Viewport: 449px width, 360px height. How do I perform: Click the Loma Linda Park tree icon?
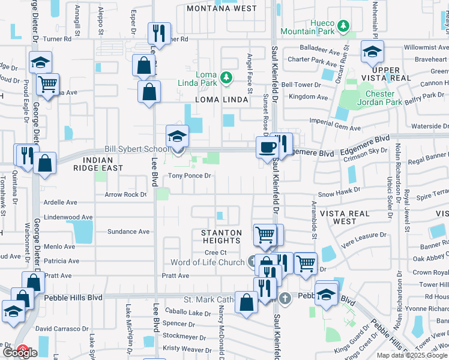(x=226, y=77)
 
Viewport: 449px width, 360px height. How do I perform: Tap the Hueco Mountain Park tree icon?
(x=343, y=26)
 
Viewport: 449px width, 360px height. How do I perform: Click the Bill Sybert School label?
(x=136, y=148)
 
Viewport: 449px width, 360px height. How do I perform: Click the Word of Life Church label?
(x=207, y=262)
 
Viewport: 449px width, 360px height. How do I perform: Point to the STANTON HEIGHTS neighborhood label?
(x=221, y=236)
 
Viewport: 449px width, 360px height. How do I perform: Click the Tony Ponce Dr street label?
(x=189, y=176)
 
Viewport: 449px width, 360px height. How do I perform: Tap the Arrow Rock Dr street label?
(x=125, y=194)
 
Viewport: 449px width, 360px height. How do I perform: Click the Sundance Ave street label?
(x=128, y=231)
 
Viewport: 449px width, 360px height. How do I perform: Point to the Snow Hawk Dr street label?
(x=339, y=194)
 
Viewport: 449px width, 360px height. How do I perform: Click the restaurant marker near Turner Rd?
(x=159, y=32)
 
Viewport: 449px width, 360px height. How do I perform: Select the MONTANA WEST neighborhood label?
(x=221, y=8)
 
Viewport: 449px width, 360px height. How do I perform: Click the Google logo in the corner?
(x=20, y=353)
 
